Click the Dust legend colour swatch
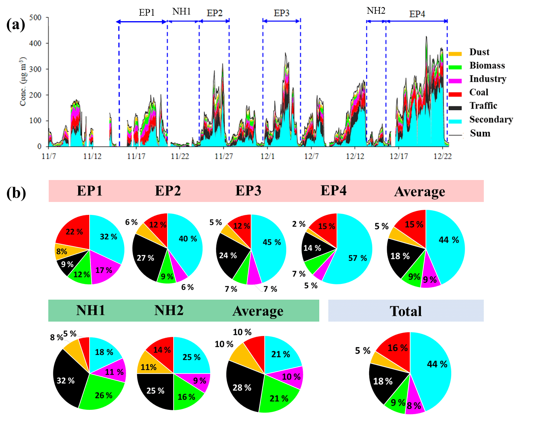[455, 53]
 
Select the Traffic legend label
[483, 106]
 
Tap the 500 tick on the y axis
[35, 18]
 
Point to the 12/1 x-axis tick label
[267, 156]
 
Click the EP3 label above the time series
[282, 13]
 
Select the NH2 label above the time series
[376, 11]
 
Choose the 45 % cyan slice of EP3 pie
[272, 242]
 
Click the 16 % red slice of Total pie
[397, 348]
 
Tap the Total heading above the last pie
[406, 311]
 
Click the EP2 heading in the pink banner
[168, 191]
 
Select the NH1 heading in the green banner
[91, 311]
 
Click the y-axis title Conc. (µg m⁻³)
[23, 82]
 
